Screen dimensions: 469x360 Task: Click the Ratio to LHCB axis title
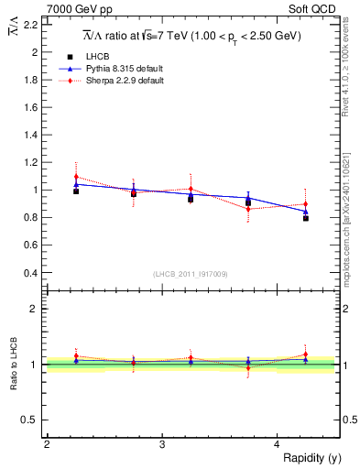coord(14,364)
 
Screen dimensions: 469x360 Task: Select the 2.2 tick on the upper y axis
coord(30,25)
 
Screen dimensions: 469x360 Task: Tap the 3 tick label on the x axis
coord(162,444)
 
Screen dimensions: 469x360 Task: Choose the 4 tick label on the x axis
coord(278,444)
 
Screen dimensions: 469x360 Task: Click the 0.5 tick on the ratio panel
coord(30,420)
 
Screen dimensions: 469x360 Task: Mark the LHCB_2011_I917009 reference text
coord(192,274)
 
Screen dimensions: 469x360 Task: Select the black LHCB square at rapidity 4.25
coord(306,218)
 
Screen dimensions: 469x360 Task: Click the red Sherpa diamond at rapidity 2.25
coord(76,177)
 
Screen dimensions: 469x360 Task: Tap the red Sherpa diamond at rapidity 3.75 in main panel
coord(248,209)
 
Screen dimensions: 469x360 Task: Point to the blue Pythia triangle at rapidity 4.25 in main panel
coord(306,212)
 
